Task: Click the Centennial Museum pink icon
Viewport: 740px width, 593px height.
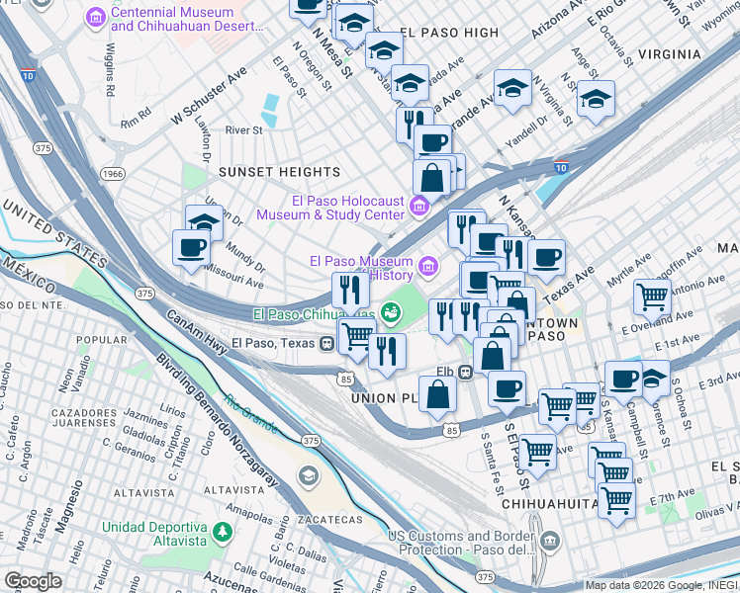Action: click(96, 18)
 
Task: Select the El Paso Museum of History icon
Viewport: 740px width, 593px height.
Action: click(428, 264)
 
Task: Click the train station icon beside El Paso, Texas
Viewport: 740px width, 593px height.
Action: click(324, 343)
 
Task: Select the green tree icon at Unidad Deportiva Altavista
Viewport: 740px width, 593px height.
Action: click(225, 531)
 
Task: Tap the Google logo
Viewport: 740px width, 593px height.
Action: click(33, 581)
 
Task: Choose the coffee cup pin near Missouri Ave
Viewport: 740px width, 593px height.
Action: click(191, 247)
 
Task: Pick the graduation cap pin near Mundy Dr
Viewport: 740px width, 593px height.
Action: click(205, 222)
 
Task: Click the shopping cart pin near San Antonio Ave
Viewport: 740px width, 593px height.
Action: click(652, 296)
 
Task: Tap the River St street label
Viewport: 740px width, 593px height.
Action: click(243, 129)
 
